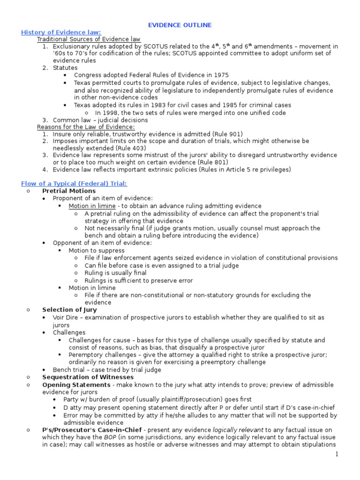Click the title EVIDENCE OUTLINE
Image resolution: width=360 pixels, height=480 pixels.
[180, 25]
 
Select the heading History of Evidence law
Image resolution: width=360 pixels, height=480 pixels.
[61, 32]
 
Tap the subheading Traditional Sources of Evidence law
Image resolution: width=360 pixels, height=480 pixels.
[89, 39]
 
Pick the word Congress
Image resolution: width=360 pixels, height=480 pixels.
[88, 75]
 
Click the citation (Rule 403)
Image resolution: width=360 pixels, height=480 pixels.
[116, 148]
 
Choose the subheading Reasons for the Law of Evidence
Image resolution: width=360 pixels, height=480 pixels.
[86, 127]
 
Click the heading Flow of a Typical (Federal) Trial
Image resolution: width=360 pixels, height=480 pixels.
[74, 183]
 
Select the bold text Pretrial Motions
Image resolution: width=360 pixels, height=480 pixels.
[69, 191]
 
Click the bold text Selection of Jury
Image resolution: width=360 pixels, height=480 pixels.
[69, 310]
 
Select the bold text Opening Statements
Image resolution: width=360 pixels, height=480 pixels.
[76, 384]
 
